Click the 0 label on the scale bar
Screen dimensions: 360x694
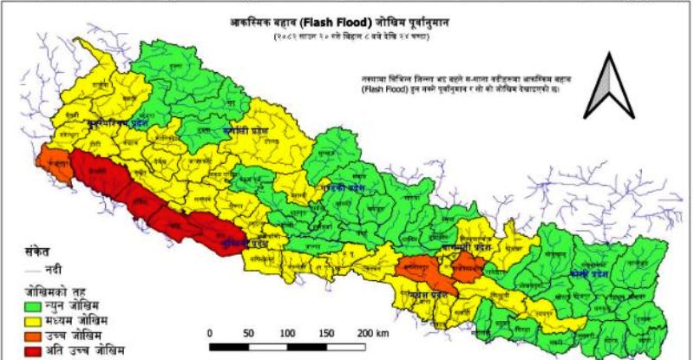click(211, 333)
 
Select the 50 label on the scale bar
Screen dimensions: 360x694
click(250, 333)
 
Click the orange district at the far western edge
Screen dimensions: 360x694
click(54, 167)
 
